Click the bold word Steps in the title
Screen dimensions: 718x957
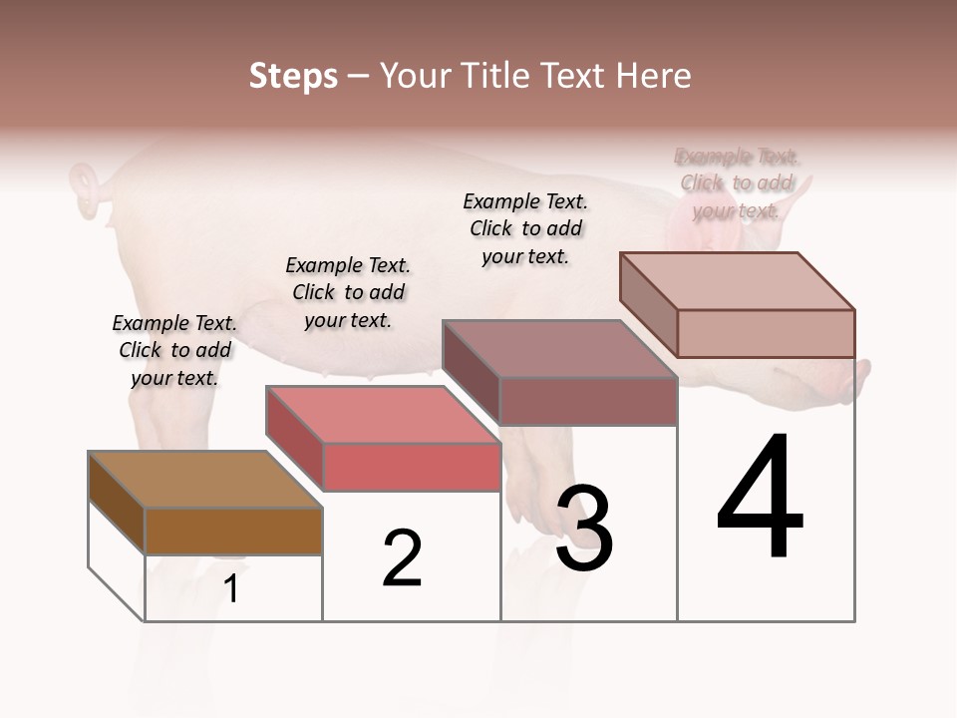point(293,76)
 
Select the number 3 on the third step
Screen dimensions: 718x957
point(584,529)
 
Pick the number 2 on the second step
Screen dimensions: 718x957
point(403,558)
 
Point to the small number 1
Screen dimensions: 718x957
point(231,589)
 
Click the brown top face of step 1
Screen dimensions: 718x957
point(204,480)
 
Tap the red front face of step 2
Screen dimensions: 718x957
point(411,467)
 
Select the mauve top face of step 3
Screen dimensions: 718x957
point(558,349)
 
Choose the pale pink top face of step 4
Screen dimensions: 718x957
point(738,280)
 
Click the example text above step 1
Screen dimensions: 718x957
point(174,350)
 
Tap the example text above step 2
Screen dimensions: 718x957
point(348,292)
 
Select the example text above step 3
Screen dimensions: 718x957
point(525,228)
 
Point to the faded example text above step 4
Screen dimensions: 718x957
point(737,182)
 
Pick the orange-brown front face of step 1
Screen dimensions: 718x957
point(233,531)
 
